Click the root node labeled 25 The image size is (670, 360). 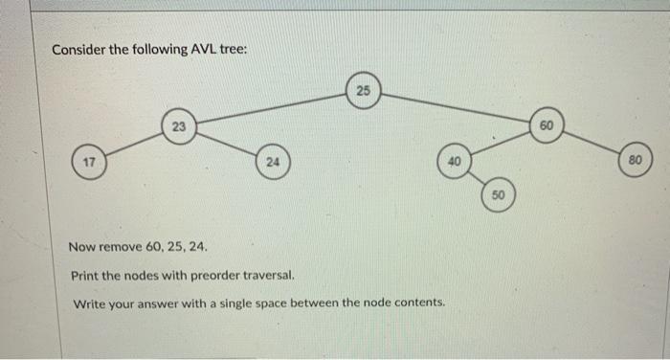tap(362, 91)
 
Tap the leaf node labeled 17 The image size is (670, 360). tap(88, 162)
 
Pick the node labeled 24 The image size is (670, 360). tap(273, 162)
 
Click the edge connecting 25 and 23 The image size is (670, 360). tap(270, 109)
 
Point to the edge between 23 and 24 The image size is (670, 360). tap(226, 145)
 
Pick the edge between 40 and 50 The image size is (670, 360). tap(478, 177)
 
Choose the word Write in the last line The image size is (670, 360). tap(89, 304)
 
